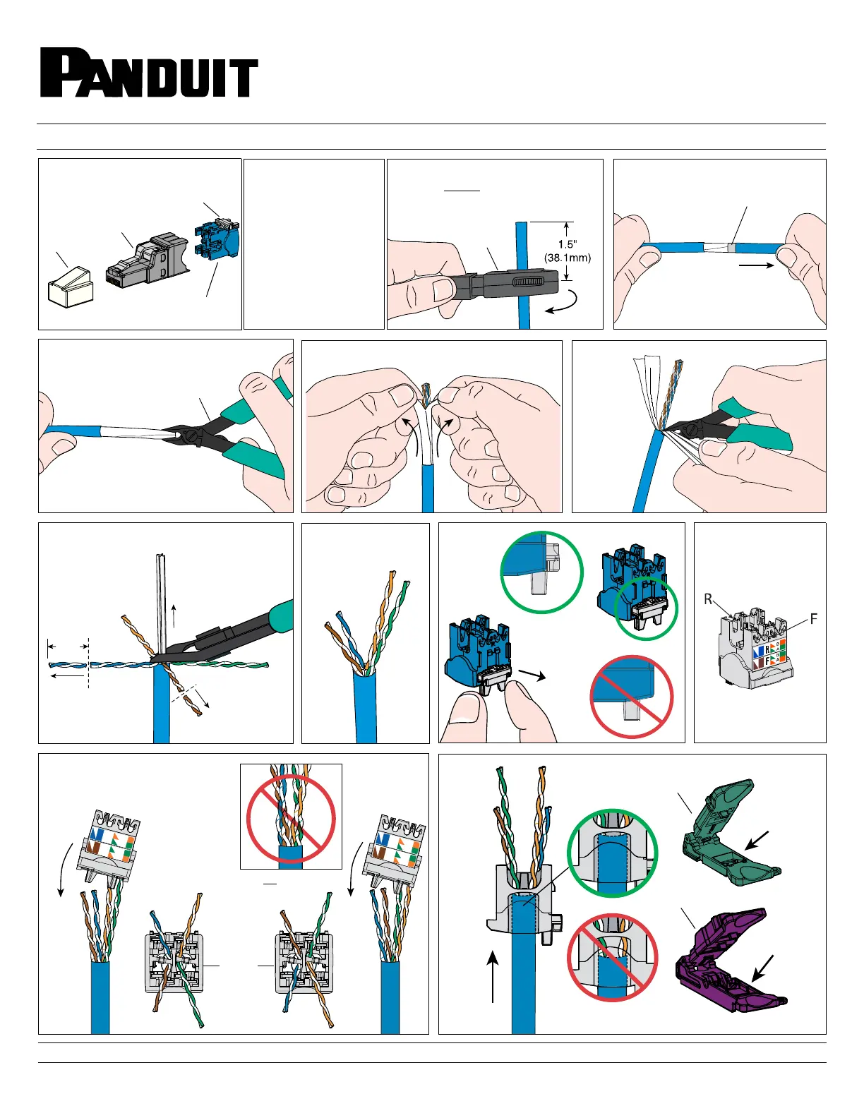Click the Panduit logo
point(149,73)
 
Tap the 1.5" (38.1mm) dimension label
point(567,251)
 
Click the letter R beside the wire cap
point(708,600)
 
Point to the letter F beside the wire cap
point(813,619)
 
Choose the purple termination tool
point(727,961)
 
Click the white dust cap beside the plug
point(70,285)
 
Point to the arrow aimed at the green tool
point(758,839)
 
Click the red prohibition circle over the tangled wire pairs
point(291,819)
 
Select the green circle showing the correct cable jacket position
point(613,853)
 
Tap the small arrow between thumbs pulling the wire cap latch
point(532,675)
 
